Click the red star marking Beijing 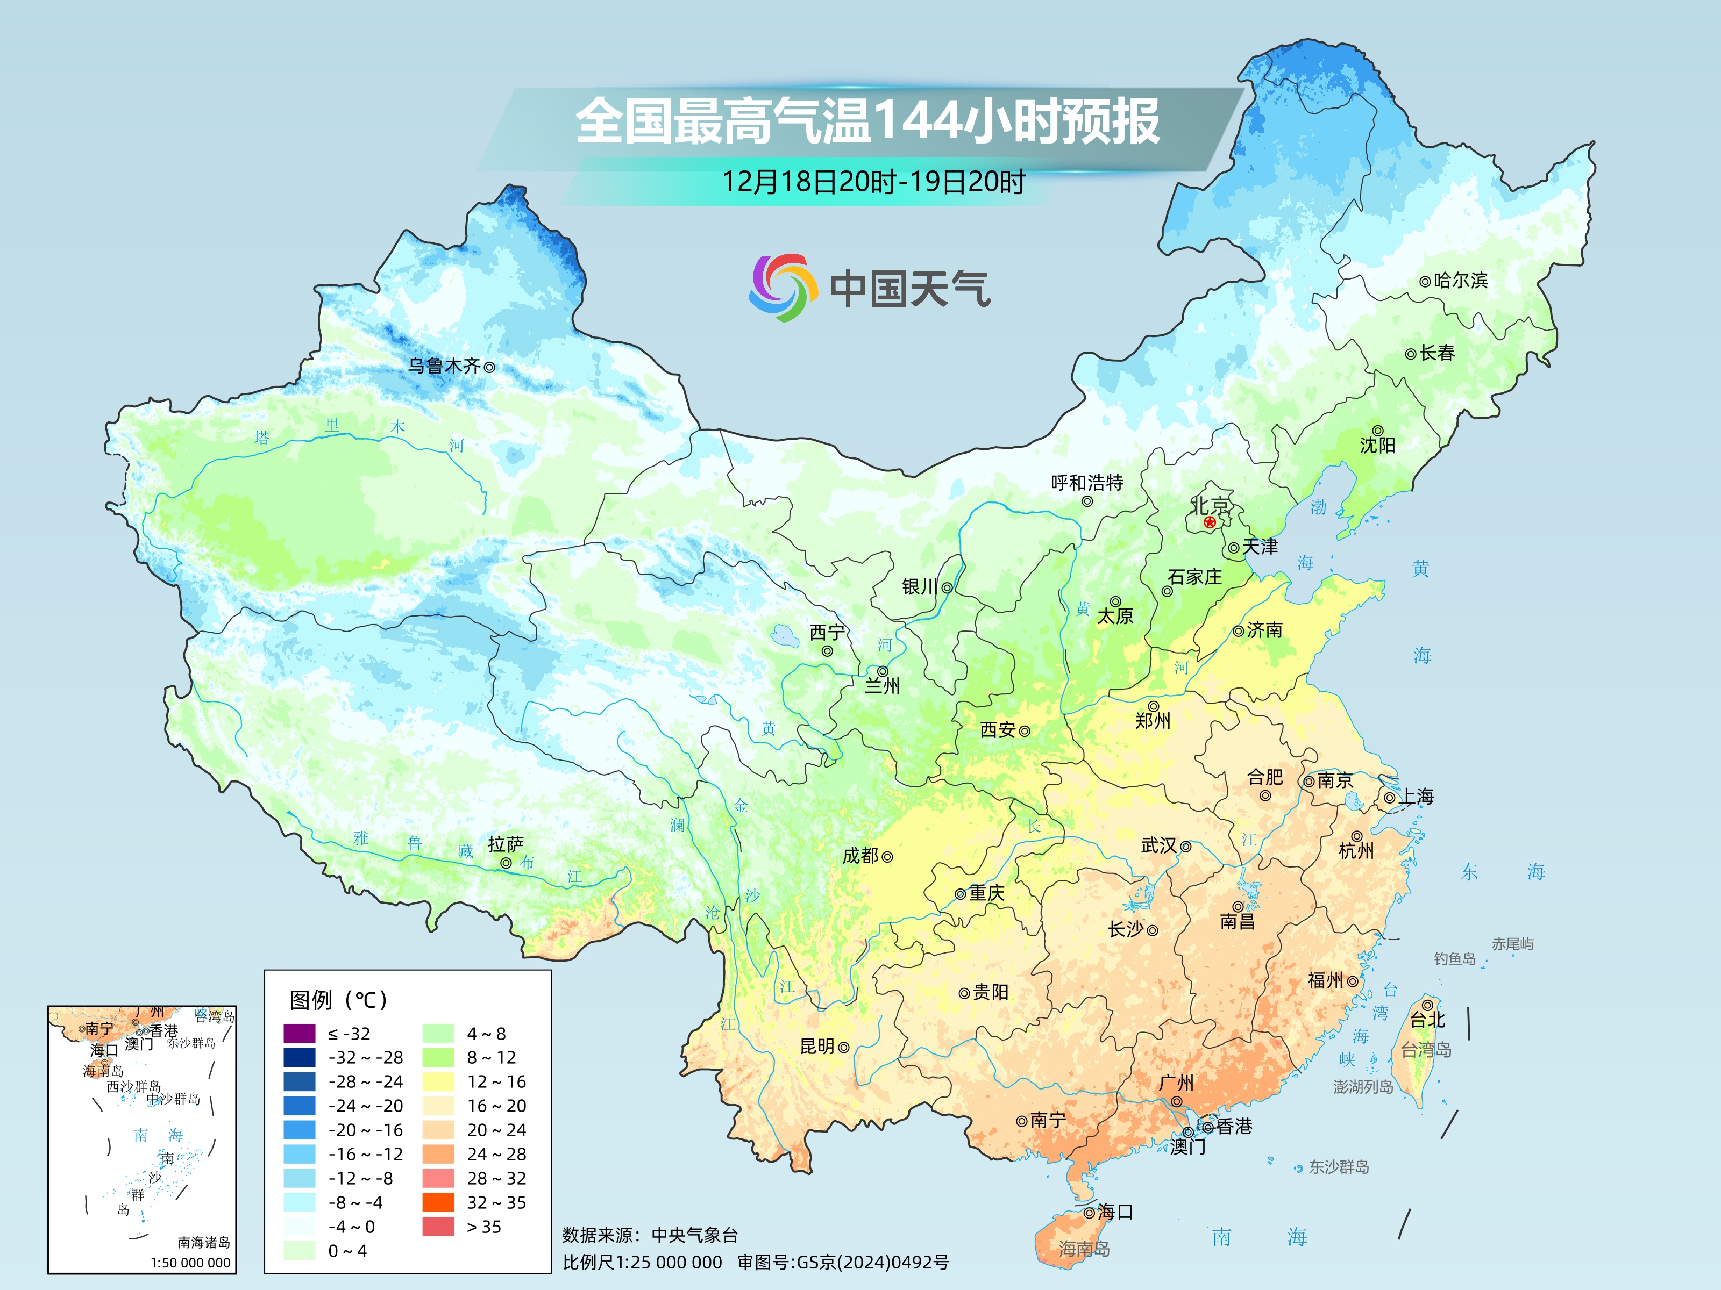coord(1209,522)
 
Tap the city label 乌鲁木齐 coord(444,365)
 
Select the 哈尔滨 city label coord(1460,280)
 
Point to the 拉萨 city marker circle coord(506,863)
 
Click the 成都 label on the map coord(860,855)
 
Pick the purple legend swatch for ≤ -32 coord(300,1034)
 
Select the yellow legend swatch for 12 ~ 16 coord(438,1081)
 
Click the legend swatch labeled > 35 coord(438,1226)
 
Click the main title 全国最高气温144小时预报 coord(867,120)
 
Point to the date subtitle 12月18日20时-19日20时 coord(873,182)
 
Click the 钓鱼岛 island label coord(1454,959)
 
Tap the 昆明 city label coord(817,1047)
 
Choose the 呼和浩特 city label coord(1087,483)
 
